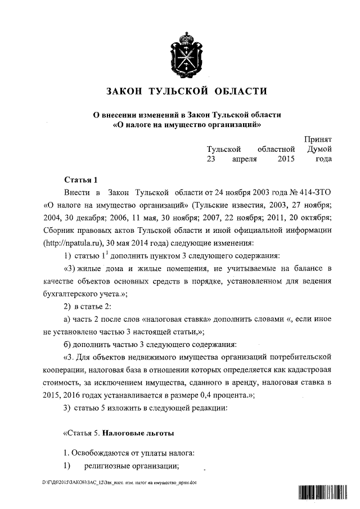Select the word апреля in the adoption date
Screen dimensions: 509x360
[245, 159]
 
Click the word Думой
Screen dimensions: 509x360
[319, 149]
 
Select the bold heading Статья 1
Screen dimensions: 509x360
[81, 180]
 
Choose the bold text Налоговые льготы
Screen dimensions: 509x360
[138, 433]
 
